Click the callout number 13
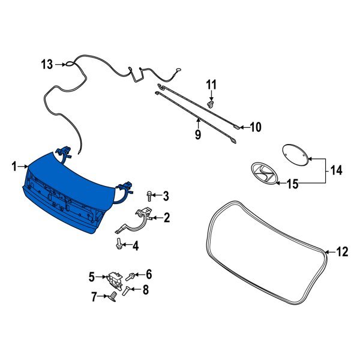tap(47, 65)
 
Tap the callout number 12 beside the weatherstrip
tap(342, 252)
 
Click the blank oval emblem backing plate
tap(295, 155)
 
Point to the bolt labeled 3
tap(149, 196)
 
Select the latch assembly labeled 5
tap(115, 280)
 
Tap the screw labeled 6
tap(130, 276)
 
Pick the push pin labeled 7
tap(112, 296)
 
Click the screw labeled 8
tap(126, 291)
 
